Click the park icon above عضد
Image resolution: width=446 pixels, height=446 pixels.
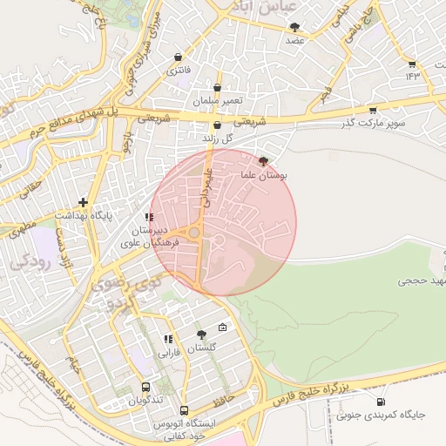(x=294, y=27)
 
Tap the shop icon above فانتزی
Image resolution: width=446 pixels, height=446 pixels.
(x=179, y=57)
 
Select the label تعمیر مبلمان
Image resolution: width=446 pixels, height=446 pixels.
(x=217, y=101)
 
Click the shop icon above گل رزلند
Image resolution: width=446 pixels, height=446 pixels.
(x=217, y=125)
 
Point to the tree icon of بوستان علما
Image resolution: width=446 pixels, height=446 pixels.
(x=264, y=161)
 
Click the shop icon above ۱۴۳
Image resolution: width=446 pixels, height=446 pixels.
(x=412, y=64)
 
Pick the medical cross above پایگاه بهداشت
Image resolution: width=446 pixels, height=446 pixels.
(x=83, y=202)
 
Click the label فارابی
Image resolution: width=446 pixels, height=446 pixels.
(x=167, y=354)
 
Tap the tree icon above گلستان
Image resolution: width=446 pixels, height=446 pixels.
(x=202, y=334)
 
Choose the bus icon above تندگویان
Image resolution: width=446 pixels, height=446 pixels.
(x=145, y=388)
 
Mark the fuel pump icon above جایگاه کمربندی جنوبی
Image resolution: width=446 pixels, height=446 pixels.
(x=381, y=402)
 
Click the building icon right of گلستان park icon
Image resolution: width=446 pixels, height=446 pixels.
(x=222, y=328)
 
